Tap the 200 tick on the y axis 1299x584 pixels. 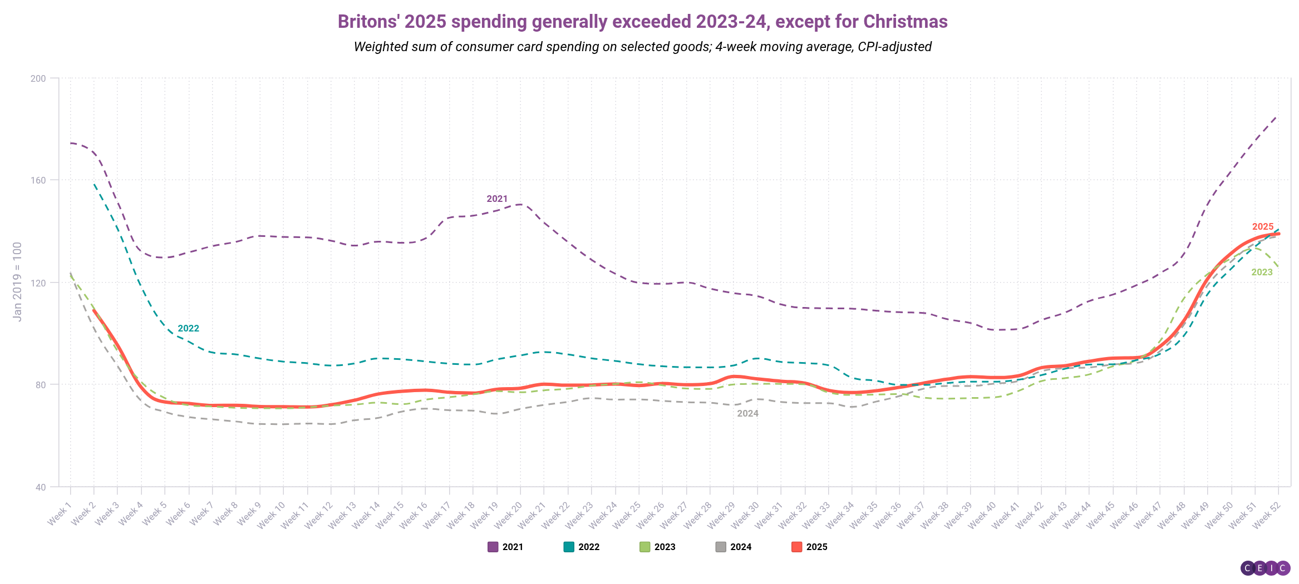38,78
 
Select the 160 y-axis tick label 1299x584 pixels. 38,180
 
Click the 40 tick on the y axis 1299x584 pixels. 40,487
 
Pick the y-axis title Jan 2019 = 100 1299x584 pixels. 17,281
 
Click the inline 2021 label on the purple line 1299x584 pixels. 497,199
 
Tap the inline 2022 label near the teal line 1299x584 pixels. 188,329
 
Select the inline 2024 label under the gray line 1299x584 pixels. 747,414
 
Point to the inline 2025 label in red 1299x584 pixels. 1262,227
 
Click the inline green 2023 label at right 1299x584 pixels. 1262,273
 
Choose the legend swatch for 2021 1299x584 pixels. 493,547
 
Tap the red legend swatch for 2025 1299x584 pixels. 796,547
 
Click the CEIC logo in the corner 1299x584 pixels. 1265,568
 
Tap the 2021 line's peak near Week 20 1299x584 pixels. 520,204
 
